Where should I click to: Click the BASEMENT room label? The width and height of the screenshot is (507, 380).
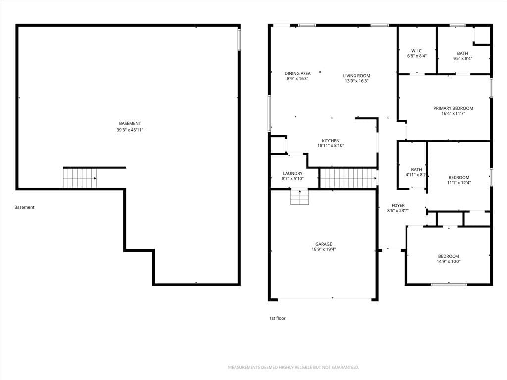click(130, 123)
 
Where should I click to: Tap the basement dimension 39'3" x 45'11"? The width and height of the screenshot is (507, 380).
click(130, 130)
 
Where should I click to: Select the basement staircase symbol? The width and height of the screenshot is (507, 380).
click(80, 178)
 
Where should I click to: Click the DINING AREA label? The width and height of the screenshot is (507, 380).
click(298, 73)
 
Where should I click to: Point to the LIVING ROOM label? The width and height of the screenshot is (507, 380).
click(356, 76)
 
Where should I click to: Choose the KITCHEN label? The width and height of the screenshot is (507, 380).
click(330, 141)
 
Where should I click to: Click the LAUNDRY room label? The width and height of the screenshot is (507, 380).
click(292, 174)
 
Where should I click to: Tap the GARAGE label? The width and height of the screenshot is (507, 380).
click(324, 244)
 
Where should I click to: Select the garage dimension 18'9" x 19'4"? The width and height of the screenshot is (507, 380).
click(324, 249)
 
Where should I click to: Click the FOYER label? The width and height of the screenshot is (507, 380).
click(398, 205)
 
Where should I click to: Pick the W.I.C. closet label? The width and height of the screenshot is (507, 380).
click(417, 51)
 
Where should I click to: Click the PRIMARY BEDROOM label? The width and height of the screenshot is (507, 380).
click(453, 108)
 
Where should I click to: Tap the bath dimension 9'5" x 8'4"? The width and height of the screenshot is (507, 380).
click(462, 59)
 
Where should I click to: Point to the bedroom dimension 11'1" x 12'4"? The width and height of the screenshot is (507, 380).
click(459, 182)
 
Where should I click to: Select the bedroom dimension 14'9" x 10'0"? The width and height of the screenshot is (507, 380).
click(449, 261)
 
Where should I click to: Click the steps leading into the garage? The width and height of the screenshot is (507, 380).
click(300, 197)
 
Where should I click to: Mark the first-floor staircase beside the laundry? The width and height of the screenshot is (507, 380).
click(349, 178)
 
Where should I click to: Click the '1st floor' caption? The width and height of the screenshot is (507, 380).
click(277, 318)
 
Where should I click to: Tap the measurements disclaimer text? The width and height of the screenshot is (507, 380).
click(294, 367)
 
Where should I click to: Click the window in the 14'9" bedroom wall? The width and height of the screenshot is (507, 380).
click(449, 285)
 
